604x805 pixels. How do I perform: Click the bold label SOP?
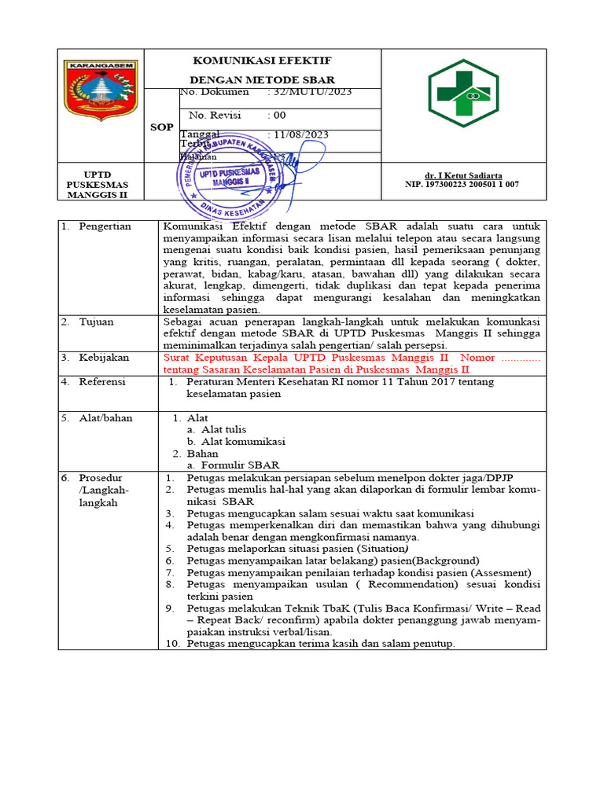click(161, 127)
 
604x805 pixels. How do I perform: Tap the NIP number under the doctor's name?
click(461, 185)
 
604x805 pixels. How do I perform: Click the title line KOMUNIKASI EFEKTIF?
click(262, 61)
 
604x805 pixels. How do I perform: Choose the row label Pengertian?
click(105, 226)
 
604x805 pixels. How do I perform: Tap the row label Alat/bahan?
click(105, 418)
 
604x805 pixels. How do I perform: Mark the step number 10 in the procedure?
click(172, 644)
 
